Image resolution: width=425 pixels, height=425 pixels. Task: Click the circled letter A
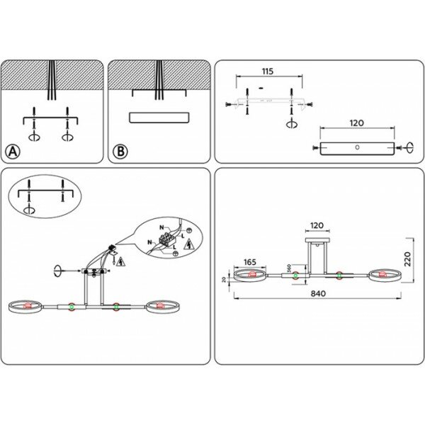tap(13, 151)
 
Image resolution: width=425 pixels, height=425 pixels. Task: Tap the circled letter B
tap(120, 151)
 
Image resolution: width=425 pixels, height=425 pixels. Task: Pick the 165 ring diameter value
tap(249, 262)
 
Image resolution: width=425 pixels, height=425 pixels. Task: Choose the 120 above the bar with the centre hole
tap(356, 123)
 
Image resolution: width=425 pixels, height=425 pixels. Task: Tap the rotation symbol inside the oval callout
tap(30, 210)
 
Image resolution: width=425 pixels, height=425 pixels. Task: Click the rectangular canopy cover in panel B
tap(159, 118)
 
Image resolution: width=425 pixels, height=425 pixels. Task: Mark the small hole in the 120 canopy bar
tap(357, 148)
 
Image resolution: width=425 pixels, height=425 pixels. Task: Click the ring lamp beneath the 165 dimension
tap(249, 276)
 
